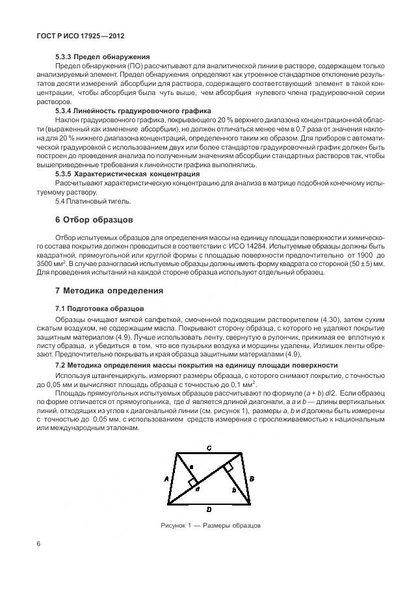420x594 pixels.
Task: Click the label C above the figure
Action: tap(207, 448)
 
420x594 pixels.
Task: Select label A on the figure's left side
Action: tap(167, 476)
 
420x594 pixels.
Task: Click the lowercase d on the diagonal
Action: tap(198, 488)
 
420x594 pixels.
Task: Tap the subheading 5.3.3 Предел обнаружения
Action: tap(103, 57)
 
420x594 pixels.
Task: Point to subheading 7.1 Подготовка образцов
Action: tap(99, 308)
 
